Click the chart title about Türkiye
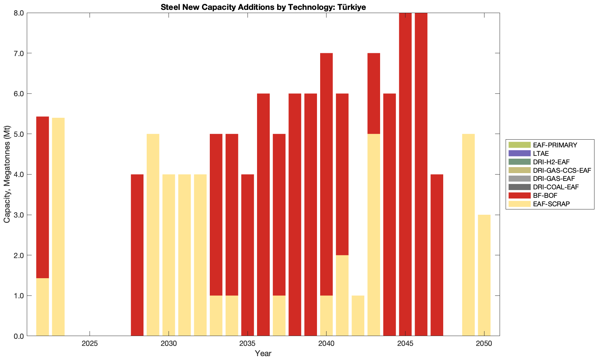point(263,7)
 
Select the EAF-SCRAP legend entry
point(551,204)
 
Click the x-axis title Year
point(263,353)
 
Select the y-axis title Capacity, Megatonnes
point(7,174)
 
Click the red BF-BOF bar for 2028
point(137,255)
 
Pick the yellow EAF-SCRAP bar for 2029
point(153,235)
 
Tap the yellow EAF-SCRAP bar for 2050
point(484,275)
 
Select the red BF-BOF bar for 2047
point(437,255)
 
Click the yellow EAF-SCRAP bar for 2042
point(358,316)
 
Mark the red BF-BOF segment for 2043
point(374,93)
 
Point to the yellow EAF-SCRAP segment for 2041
point(342,295)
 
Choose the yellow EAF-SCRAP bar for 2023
point(58,227)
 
